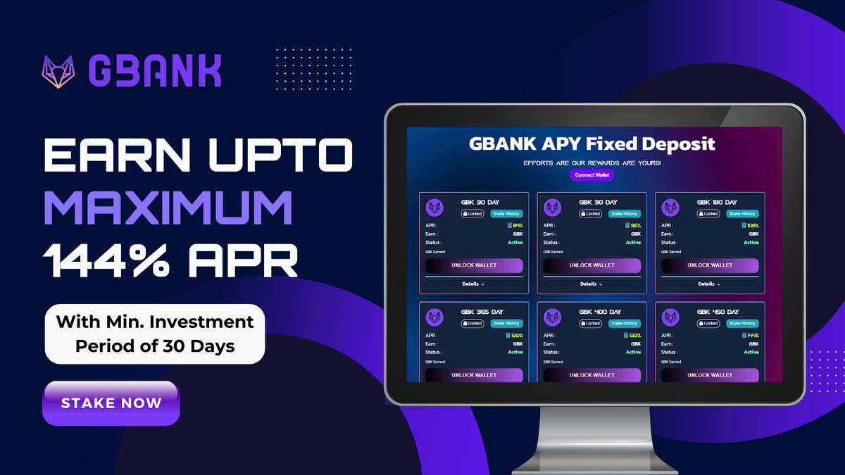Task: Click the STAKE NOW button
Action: click(111, 403)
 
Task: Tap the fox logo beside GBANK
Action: click(58, 72)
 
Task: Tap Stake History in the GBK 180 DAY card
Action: click(742, 213)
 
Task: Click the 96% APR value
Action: click(635, 226)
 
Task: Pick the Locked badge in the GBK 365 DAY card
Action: click(472, 324)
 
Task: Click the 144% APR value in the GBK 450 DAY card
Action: click(753, 336)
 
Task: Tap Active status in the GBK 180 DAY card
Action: click(751, 242)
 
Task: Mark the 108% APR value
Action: click(752, 226)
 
